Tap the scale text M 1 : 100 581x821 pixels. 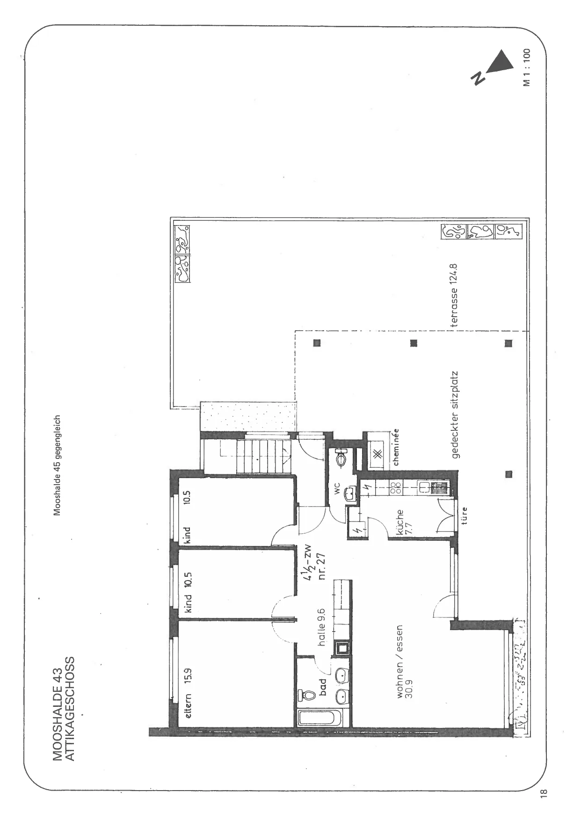527,67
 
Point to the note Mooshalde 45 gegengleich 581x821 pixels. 57,465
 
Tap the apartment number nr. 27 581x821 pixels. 322,566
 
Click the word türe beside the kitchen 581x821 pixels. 465,517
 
